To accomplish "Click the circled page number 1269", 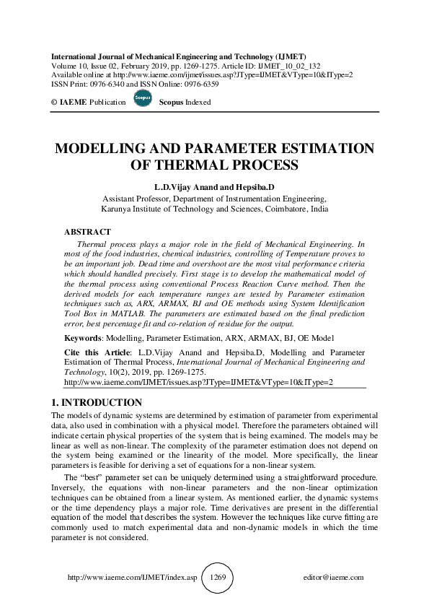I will coord(218,578).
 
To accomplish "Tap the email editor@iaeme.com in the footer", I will coord(334,578).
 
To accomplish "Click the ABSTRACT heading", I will coord(87,232).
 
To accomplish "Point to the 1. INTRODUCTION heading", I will coord(97,402).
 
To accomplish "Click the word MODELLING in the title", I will coord(105,149).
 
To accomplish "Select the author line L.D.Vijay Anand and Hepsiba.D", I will coord(215,186).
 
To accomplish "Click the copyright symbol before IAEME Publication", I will coord(53,103).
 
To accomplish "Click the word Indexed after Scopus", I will coord(198,103).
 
